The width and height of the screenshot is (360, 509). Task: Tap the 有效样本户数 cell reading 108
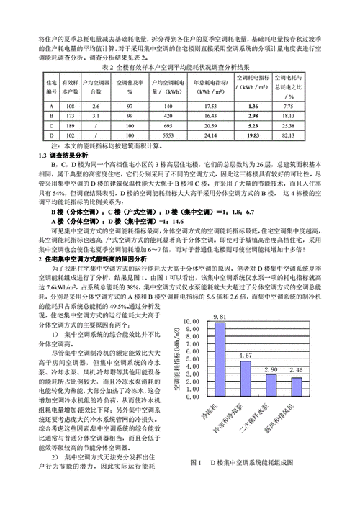coord(70,105)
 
